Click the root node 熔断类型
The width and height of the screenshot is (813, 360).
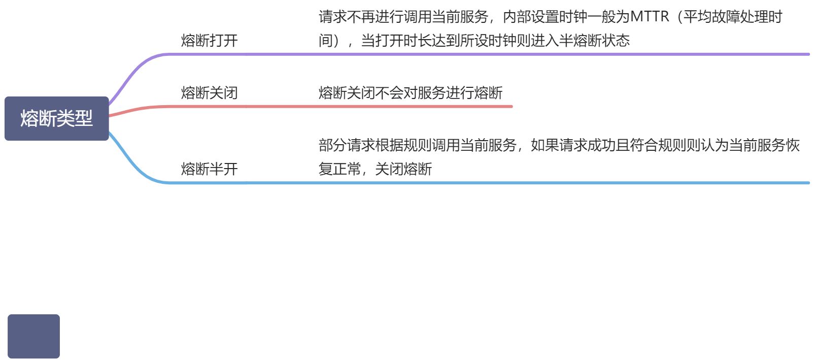(56, 118)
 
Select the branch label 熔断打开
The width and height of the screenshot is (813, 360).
(209, 41)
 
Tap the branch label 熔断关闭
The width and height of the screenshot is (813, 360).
(209, 93)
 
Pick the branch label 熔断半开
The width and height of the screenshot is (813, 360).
(209, 169)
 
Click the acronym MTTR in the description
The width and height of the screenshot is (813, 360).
(650, 17)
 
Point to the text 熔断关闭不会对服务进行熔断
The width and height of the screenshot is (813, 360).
(410, 93)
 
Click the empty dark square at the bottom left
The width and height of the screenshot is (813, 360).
(33, 336)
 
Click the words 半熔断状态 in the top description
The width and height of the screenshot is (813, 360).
(594, 41)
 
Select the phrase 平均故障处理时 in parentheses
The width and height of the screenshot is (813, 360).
(732, 17)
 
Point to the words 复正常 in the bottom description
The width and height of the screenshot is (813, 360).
(340, 169)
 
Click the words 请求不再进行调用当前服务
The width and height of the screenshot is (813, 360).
(403, 17)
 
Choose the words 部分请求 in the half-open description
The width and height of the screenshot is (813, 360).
(347, 146)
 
